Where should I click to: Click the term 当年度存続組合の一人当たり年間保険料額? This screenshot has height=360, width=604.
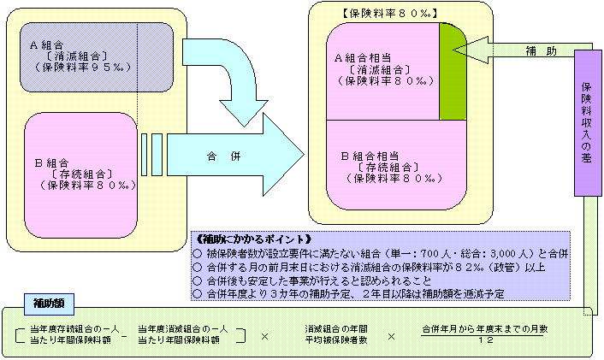click(74, 334)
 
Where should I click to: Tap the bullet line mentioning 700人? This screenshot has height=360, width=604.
click(382, 254)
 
